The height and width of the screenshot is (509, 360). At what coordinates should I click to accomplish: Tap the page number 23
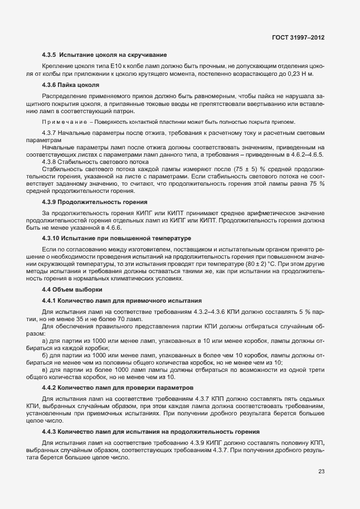(x=321, y=471)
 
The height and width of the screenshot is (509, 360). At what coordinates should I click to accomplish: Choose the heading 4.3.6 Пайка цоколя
(x=71, y=85)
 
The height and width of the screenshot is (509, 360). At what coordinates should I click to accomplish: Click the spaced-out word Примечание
(x=64, y=122)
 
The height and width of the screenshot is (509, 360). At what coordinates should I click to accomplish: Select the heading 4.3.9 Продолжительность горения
(x=94, y=201)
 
